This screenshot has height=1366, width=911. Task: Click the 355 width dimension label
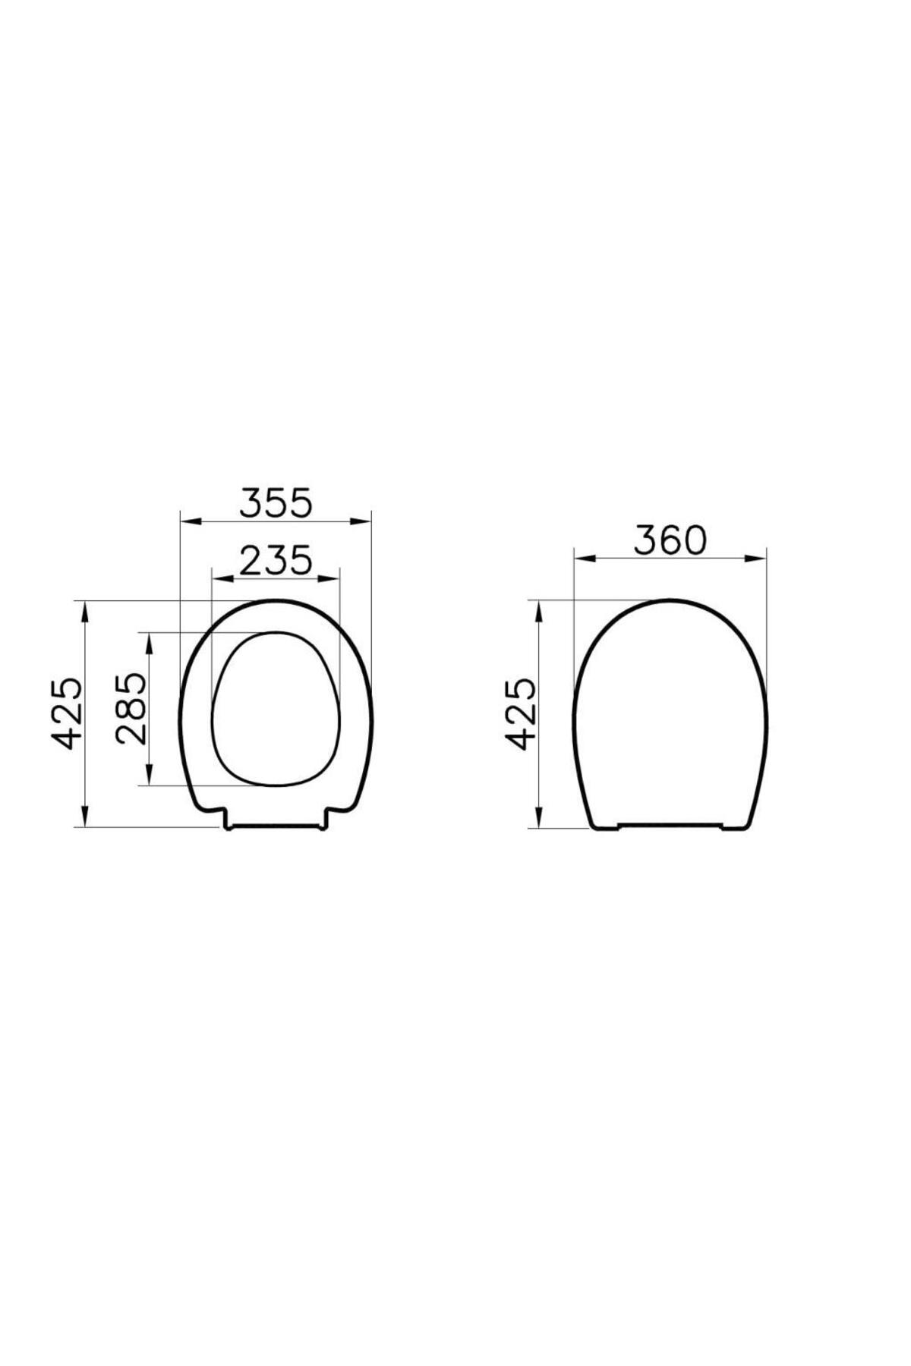click(x=276, y=503)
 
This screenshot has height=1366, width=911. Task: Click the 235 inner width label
click(x=276, y=561)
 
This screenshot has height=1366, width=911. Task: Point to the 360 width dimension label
click(x=670, y=540)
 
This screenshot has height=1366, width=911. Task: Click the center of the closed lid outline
click(x=670, y=713)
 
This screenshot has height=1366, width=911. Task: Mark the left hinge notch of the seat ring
click(x=226, y=820)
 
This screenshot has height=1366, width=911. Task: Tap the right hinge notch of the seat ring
click(x=326, y=820)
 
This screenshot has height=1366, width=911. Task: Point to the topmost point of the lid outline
click(x=671, y=600)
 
